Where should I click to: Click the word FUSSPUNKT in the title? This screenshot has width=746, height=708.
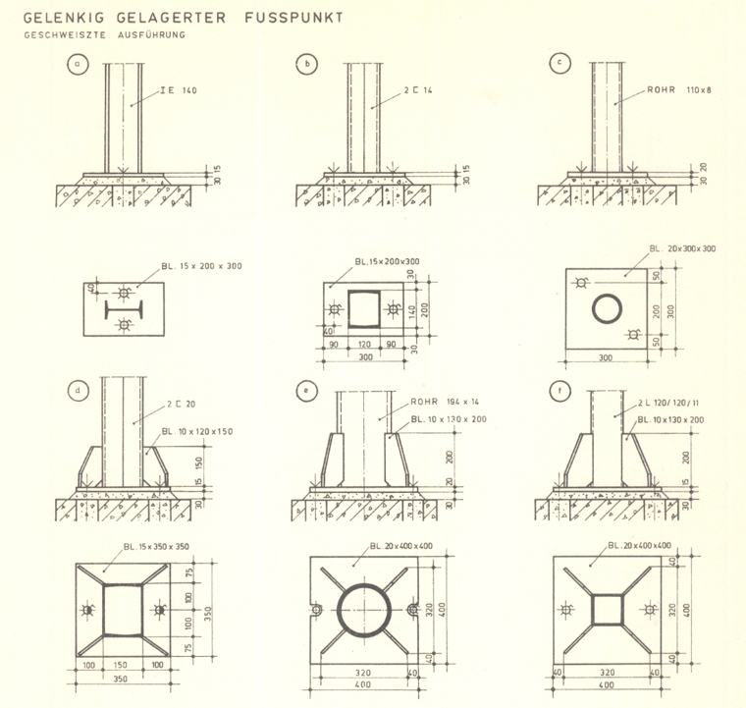click(292, 18)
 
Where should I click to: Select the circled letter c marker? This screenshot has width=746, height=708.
click(559, 64)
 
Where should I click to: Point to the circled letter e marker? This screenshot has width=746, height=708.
click(307, 391)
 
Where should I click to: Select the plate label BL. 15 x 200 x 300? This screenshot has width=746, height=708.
click(202, 267)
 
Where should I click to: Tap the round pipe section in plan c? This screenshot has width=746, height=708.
click(606, 309)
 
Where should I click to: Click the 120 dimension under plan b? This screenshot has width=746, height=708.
click(363, 346)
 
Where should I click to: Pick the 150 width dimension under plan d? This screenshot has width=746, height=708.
click(123, 665)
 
